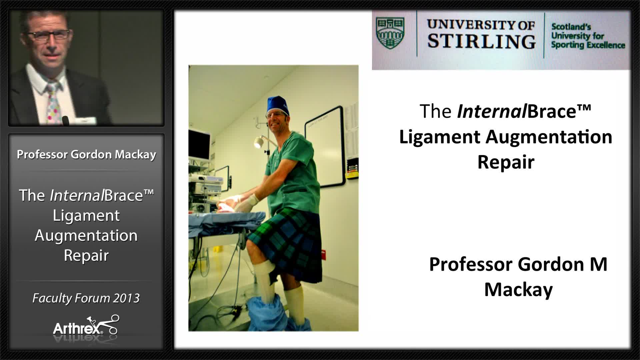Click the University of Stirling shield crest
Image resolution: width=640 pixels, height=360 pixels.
tap(390, 33)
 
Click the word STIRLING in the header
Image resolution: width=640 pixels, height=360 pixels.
tap(481, 42)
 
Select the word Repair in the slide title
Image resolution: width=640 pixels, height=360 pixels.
tap(506, 162)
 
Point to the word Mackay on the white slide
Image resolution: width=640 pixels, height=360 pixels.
tap(518, 289)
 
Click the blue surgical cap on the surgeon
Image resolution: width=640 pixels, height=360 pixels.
tap(277, 104)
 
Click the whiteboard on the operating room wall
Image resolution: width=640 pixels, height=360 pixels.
tap(325, 147)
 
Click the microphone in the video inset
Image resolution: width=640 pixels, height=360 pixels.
tap(66, 120)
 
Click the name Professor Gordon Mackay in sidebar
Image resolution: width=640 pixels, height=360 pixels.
tap(86, 154)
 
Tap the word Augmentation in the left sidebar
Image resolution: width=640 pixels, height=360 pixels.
tap(86, 235)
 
